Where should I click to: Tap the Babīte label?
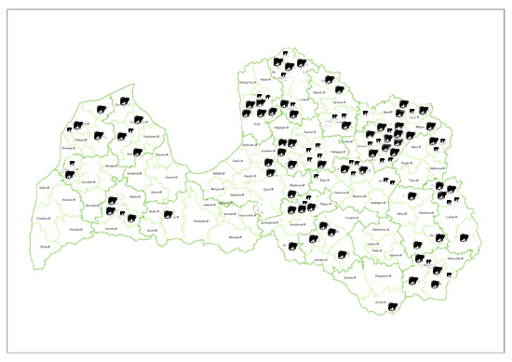pos(219,174)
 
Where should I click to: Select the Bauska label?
pos(234,237)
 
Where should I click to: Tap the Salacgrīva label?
pos(246,83)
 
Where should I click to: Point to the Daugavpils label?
pos(382,275)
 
